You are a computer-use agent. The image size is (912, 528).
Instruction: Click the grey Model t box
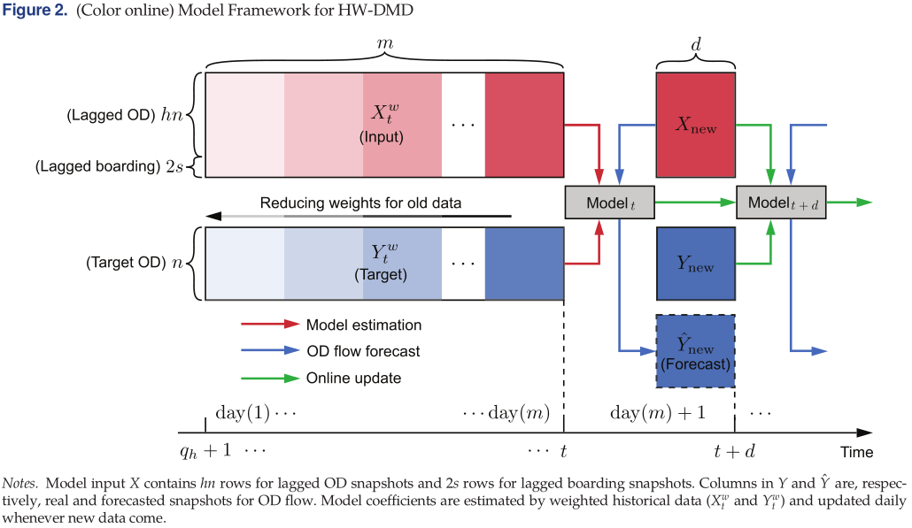607,203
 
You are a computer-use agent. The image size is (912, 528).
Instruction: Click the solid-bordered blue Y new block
695,264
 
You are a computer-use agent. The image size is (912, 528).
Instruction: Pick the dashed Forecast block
695,351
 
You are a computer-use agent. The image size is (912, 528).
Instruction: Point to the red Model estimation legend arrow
269,325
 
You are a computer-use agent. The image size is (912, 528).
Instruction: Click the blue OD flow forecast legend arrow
269,351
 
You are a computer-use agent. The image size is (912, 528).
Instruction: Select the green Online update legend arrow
269,378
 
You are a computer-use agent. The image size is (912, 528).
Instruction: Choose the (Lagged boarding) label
97,165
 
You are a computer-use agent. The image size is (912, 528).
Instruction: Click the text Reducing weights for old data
360,203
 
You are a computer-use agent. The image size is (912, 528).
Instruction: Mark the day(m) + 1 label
658,413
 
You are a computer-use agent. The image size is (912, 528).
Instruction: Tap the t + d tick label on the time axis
734,451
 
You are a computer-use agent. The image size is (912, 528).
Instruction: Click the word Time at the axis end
856,453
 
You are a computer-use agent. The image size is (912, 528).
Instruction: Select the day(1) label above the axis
243,413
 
